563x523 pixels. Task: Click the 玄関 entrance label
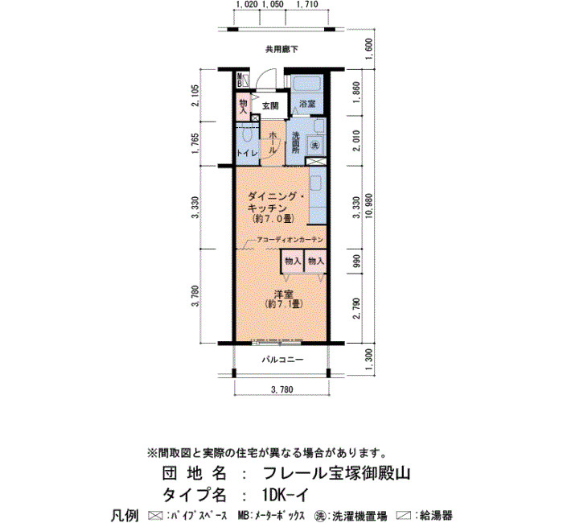click(270, 105)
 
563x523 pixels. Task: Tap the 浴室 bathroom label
click(307, 104)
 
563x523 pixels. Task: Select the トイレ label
click(248, 153)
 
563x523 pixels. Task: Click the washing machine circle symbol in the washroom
click(315, 146)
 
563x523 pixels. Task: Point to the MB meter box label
click(240, 80)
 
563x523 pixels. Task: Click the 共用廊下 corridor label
click(281, 49)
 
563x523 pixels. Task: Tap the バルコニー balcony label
click(282, 360)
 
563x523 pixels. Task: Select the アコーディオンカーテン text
click(290, 240)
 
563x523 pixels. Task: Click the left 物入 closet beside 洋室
click(293, 261)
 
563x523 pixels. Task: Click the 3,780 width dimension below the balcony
click(281, 389)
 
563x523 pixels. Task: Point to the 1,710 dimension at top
click(306, 5)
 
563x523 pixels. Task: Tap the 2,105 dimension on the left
click(195, 95)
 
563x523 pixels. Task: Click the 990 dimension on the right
click(356, 261)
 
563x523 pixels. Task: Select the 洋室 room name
click(284, 294)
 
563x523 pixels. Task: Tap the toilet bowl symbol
click(246, 134)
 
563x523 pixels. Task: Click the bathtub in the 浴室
click(307, 85)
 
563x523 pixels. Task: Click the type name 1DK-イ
click(285, 496)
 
